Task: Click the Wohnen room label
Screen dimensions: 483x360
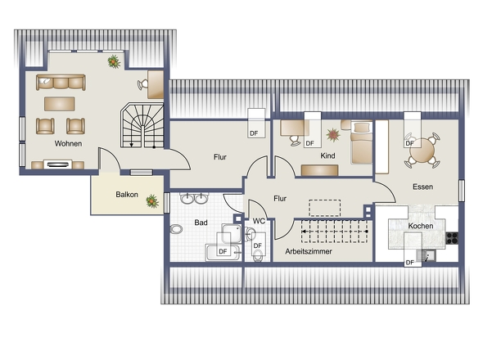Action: (x=69, y=143)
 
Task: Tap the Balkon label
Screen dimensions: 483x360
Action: (x=127, y=195)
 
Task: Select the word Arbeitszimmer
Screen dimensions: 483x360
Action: (x=309, y=251)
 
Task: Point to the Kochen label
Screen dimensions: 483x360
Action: (x=421, y=226)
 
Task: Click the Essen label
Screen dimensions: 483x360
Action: (x=422, y=187)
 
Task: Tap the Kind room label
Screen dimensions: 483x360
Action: (x=327, y=155)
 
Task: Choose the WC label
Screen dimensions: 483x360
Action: (x=259, y=221)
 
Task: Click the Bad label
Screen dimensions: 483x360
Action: (x=201, y=223)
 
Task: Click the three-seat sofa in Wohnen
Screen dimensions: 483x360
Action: (x=61, y=82)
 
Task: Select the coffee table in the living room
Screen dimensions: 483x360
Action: (x=60, y=104)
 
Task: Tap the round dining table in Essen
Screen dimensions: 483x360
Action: (x=422, y=151)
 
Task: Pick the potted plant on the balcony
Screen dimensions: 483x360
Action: (x=152, y=201)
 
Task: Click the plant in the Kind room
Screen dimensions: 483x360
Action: (x=333, y=134)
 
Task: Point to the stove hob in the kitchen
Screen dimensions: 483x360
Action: (x=452, y=238)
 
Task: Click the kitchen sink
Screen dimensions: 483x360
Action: (x=426, y=255)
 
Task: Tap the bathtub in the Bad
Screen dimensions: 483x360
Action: (x=223, y=253)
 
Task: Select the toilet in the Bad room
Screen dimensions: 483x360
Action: (x=176, y=229)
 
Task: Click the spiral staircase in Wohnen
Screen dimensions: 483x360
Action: (x=142, y=125)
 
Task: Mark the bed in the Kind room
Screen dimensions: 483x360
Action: (x=361, y=142)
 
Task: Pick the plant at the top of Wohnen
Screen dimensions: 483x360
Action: (x=114, y=61)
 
